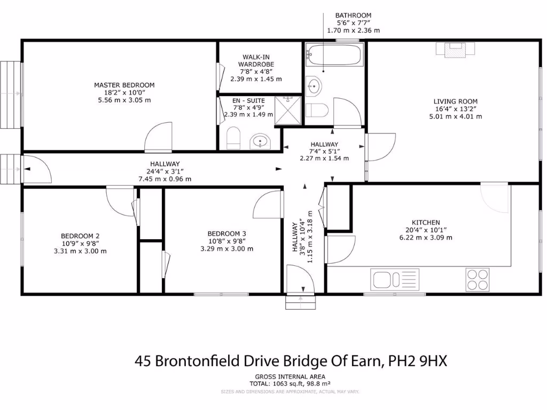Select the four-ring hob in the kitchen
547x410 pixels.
tap(477, 279)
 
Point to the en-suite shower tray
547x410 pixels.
tap(288, 111)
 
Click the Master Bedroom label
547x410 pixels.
tap(124, 85)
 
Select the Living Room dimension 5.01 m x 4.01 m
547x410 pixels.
tap(455, 116)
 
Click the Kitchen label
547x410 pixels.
tap(425, 223)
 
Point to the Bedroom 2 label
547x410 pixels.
tap(80, 236)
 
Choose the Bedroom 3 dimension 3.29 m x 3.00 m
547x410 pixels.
tap(226, 249)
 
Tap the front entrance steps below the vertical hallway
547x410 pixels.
tap(301, 303)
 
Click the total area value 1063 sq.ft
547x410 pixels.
tap(283, 383)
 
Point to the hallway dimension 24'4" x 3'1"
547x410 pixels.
tap(165, 171)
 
